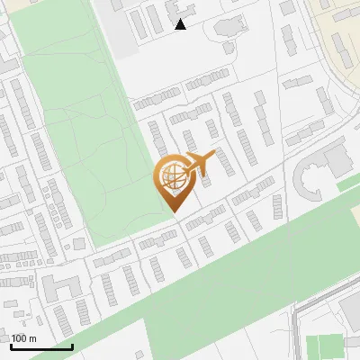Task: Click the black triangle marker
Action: point(180,24)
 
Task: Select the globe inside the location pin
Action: point(173,177)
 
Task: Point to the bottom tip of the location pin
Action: point(174,211)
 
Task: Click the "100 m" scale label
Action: point(23,338)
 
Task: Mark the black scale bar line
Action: point(41,346)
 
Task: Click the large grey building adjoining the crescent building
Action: point(337,160)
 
